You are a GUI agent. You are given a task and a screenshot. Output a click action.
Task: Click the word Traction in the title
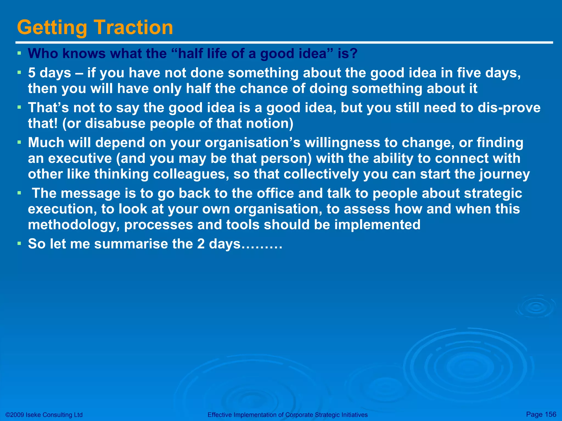[134, 27]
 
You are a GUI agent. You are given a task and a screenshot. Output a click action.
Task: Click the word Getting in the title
[52, 28]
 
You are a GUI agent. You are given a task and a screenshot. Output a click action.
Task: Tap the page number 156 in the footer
[550, 414]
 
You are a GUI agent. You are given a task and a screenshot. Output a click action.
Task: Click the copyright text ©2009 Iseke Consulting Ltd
[44, 415]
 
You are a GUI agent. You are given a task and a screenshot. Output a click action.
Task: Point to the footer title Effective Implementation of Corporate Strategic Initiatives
[287, 415]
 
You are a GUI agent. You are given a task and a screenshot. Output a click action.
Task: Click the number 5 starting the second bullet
[32, 73]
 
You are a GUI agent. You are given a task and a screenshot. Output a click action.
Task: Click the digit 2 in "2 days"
[201, 244]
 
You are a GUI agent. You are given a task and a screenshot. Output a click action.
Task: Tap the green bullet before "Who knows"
[19, 53]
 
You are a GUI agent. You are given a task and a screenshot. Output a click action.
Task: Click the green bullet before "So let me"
[19, 243]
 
